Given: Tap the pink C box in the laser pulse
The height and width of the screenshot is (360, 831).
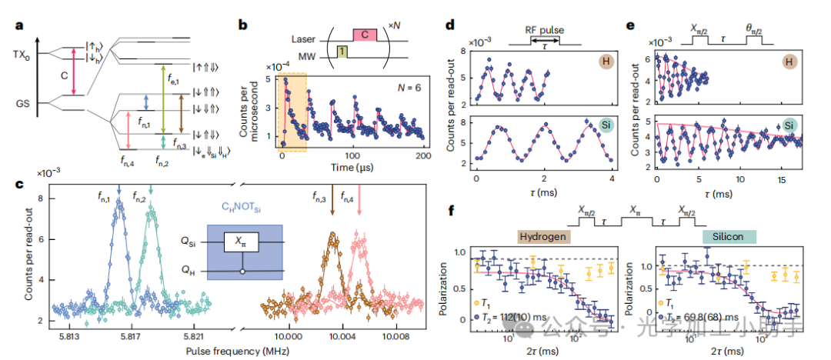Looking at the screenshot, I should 365,35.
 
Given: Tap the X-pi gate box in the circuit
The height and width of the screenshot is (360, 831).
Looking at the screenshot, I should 240,242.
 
